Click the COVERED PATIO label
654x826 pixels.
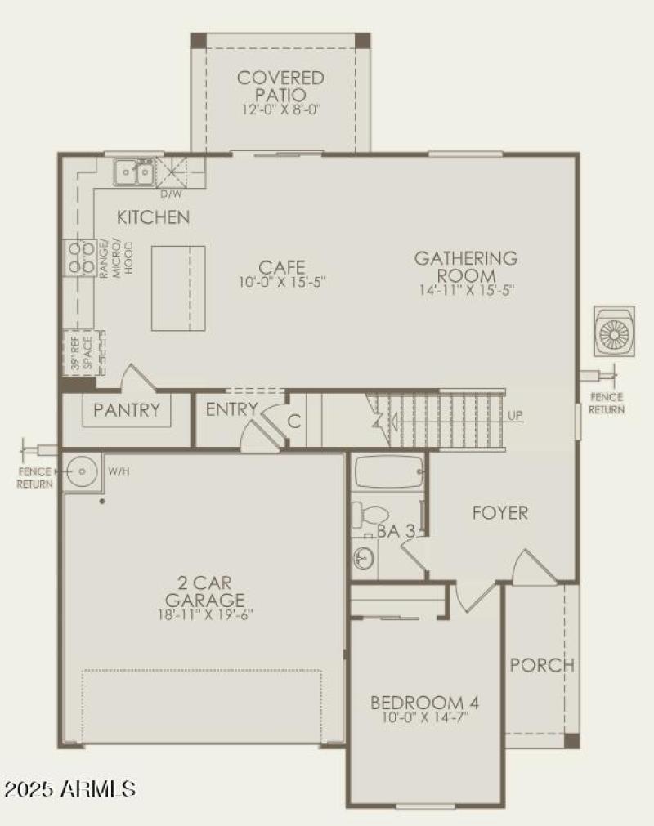coord(280,86)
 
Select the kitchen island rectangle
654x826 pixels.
coord(177,287)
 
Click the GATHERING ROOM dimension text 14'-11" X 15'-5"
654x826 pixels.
coord(465,289)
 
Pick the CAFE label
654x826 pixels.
coord(282,267)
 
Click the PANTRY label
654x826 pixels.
coord(127,409)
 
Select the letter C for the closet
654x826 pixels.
coord(294,422)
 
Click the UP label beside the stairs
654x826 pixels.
coord(515,416)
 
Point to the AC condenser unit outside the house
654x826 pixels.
coord(614,331)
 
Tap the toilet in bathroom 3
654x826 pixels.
coord(369,515)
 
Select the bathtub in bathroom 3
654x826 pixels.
coord(387,471)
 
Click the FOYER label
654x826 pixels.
coord(499,513)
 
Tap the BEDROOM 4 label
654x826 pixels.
coord(424,703)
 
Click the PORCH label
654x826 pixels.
coord(542,665)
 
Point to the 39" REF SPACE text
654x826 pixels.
coord(80,353)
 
